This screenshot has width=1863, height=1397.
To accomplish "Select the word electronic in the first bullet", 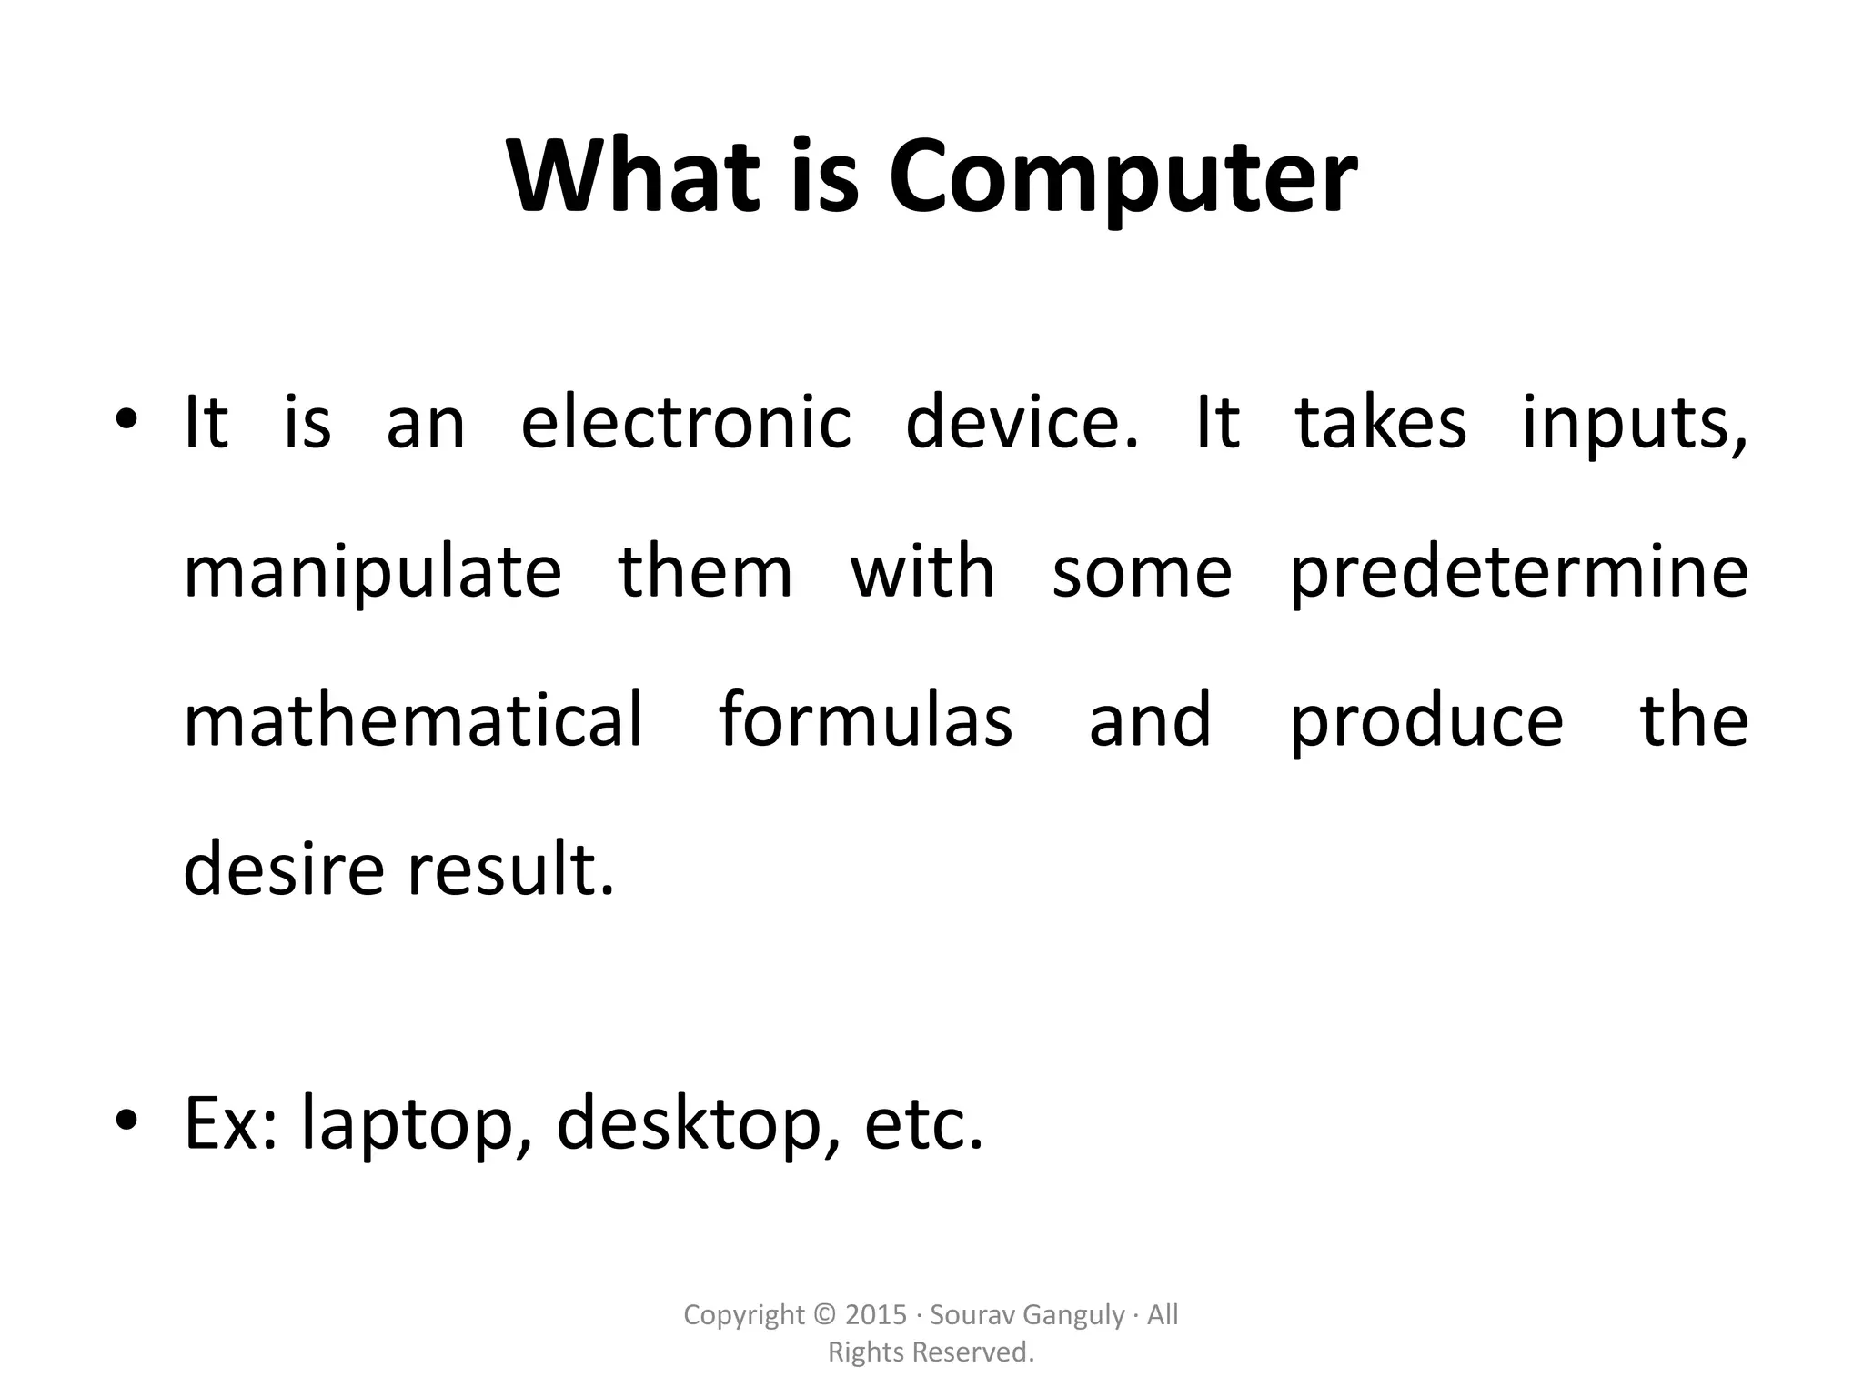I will coord(686,424).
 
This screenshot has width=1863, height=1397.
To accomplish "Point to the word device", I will coord(1021,424).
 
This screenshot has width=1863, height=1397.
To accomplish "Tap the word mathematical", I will coord(414,720).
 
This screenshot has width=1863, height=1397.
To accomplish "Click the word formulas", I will coord(866,720).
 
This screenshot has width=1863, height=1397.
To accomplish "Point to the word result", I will coord(510,869).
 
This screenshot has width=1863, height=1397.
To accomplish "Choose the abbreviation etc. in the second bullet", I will coord(923,1125).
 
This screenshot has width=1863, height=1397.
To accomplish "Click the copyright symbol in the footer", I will coord(825,1315).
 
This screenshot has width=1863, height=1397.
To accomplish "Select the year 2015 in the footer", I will coord(876,1315).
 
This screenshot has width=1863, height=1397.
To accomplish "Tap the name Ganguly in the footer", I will coord(1073,1316).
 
